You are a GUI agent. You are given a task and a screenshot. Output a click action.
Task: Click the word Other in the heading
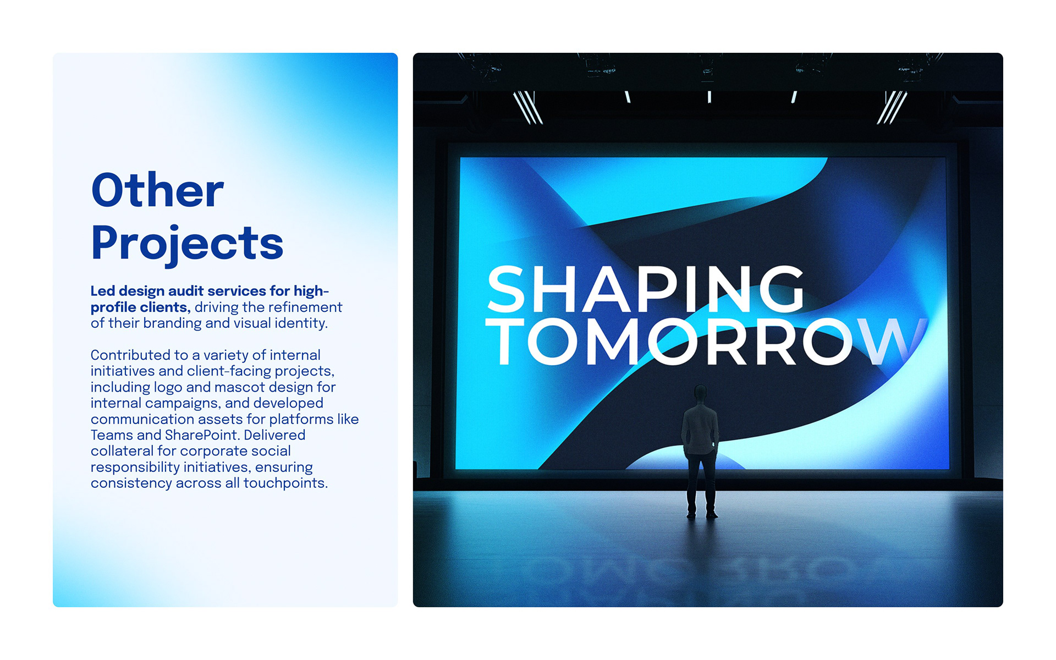(x=158, y=190)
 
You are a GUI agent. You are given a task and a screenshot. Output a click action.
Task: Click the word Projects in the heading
(x=187, y=244)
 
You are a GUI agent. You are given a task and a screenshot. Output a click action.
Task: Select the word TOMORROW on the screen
(x=706, y=342)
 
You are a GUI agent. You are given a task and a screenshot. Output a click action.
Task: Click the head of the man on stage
(x=700, y=394)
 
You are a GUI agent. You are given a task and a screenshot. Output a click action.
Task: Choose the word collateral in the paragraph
(x=122, y=451)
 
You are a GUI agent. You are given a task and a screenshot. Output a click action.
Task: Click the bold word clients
(x=165, y=307)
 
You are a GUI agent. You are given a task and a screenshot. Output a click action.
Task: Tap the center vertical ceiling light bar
(x=710, y=97)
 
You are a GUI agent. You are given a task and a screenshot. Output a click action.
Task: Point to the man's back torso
(x=700, y=429)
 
